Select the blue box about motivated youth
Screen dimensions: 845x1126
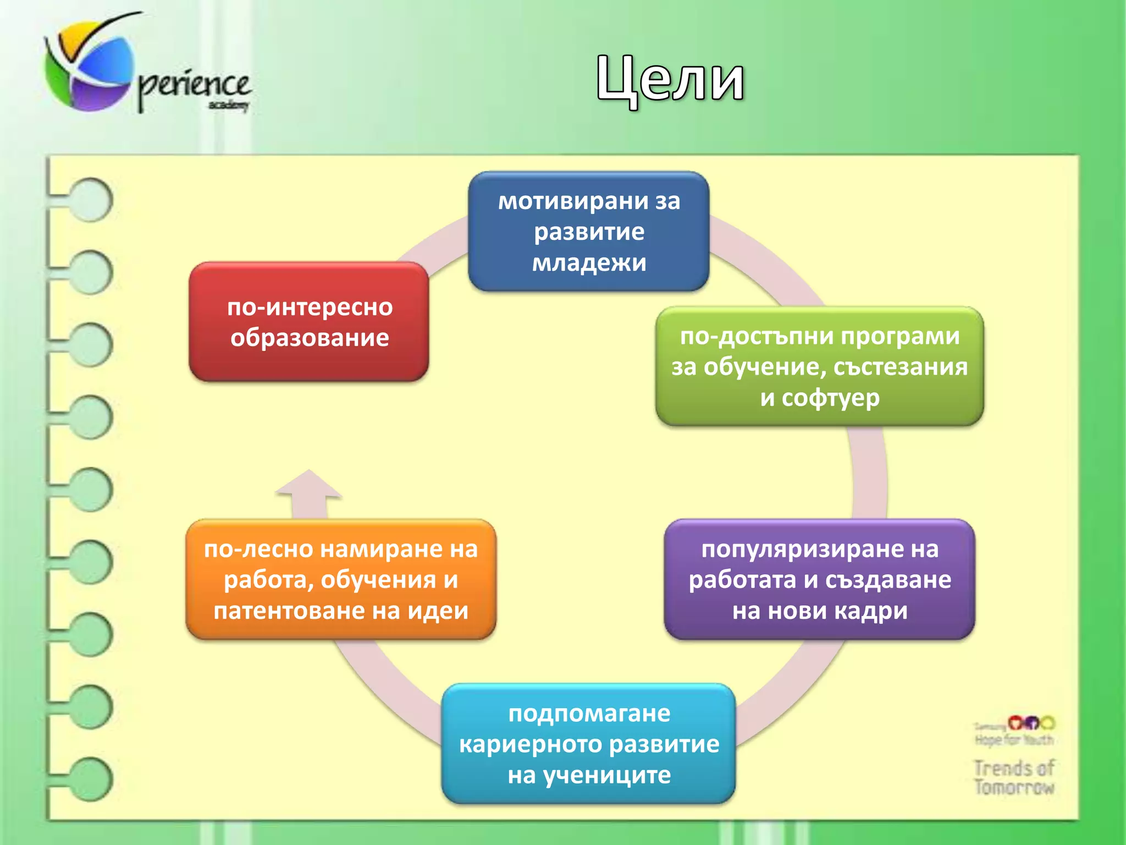point(588,231)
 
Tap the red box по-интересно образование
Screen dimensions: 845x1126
point(309,322)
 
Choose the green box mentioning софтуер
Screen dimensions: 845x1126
point(819,366)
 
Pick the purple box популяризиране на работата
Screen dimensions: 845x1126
point(819,579)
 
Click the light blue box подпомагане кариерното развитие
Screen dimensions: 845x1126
point(588,744)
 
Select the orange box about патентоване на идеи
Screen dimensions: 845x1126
point(341,579)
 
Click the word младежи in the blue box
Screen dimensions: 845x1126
point(589,262)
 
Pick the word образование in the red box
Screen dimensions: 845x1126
point(310,338)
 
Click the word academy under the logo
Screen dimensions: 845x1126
point(229,105)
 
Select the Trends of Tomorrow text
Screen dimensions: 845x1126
point(1014,777)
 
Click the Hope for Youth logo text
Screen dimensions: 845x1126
point(1014,740)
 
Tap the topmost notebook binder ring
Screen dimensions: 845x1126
point(91,199)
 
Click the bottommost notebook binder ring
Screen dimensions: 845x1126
point(91,779)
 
